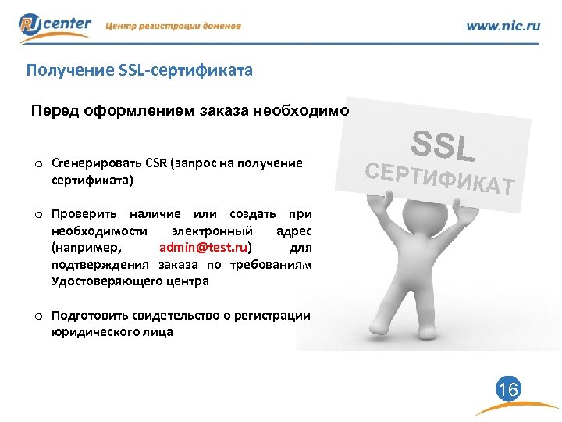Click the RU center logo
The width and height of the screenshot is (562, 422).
55,27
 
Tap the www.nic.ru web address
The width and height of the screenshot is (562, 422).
503,26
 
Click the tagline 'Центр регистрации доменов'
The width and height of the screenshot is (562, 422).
173,26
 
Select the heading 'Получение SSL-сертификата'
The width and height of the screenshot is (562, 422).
139,72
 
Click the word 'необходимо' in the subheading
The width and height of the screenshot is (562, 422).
301,110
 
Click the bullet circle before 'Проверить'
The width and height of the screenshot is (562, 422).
37,214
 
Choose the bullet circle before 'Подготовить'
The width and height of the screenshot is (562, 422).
37,316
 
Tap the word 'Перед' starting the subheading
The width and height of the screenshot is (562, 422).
52,110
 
